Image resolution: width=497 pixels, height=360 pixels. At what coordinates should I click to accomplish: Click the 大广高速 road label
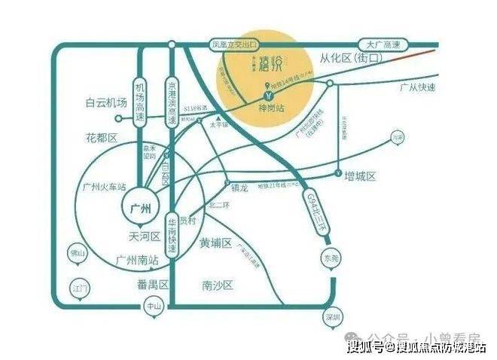(x=383, y=44)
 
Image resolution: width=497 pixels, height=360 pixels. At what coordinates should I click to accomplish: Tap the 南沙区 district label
(x=218, y=286)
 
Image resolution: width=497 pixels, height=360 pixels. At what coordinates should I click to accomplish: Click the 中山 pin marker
(x=152, y=307)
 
